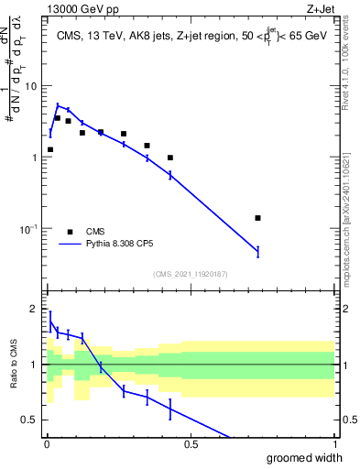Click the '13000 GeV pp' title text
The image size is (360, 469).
click(x=80, y=8)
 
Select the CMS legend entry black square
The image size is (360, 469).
click(x=70, y=232)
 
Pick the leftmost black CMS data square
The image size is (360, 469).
click(x=50, y=149)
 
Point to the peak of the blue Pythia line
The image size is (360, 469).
click(x=58, y=105)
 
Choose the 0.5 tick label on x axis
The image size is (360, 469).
click(x=191, y=444)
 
